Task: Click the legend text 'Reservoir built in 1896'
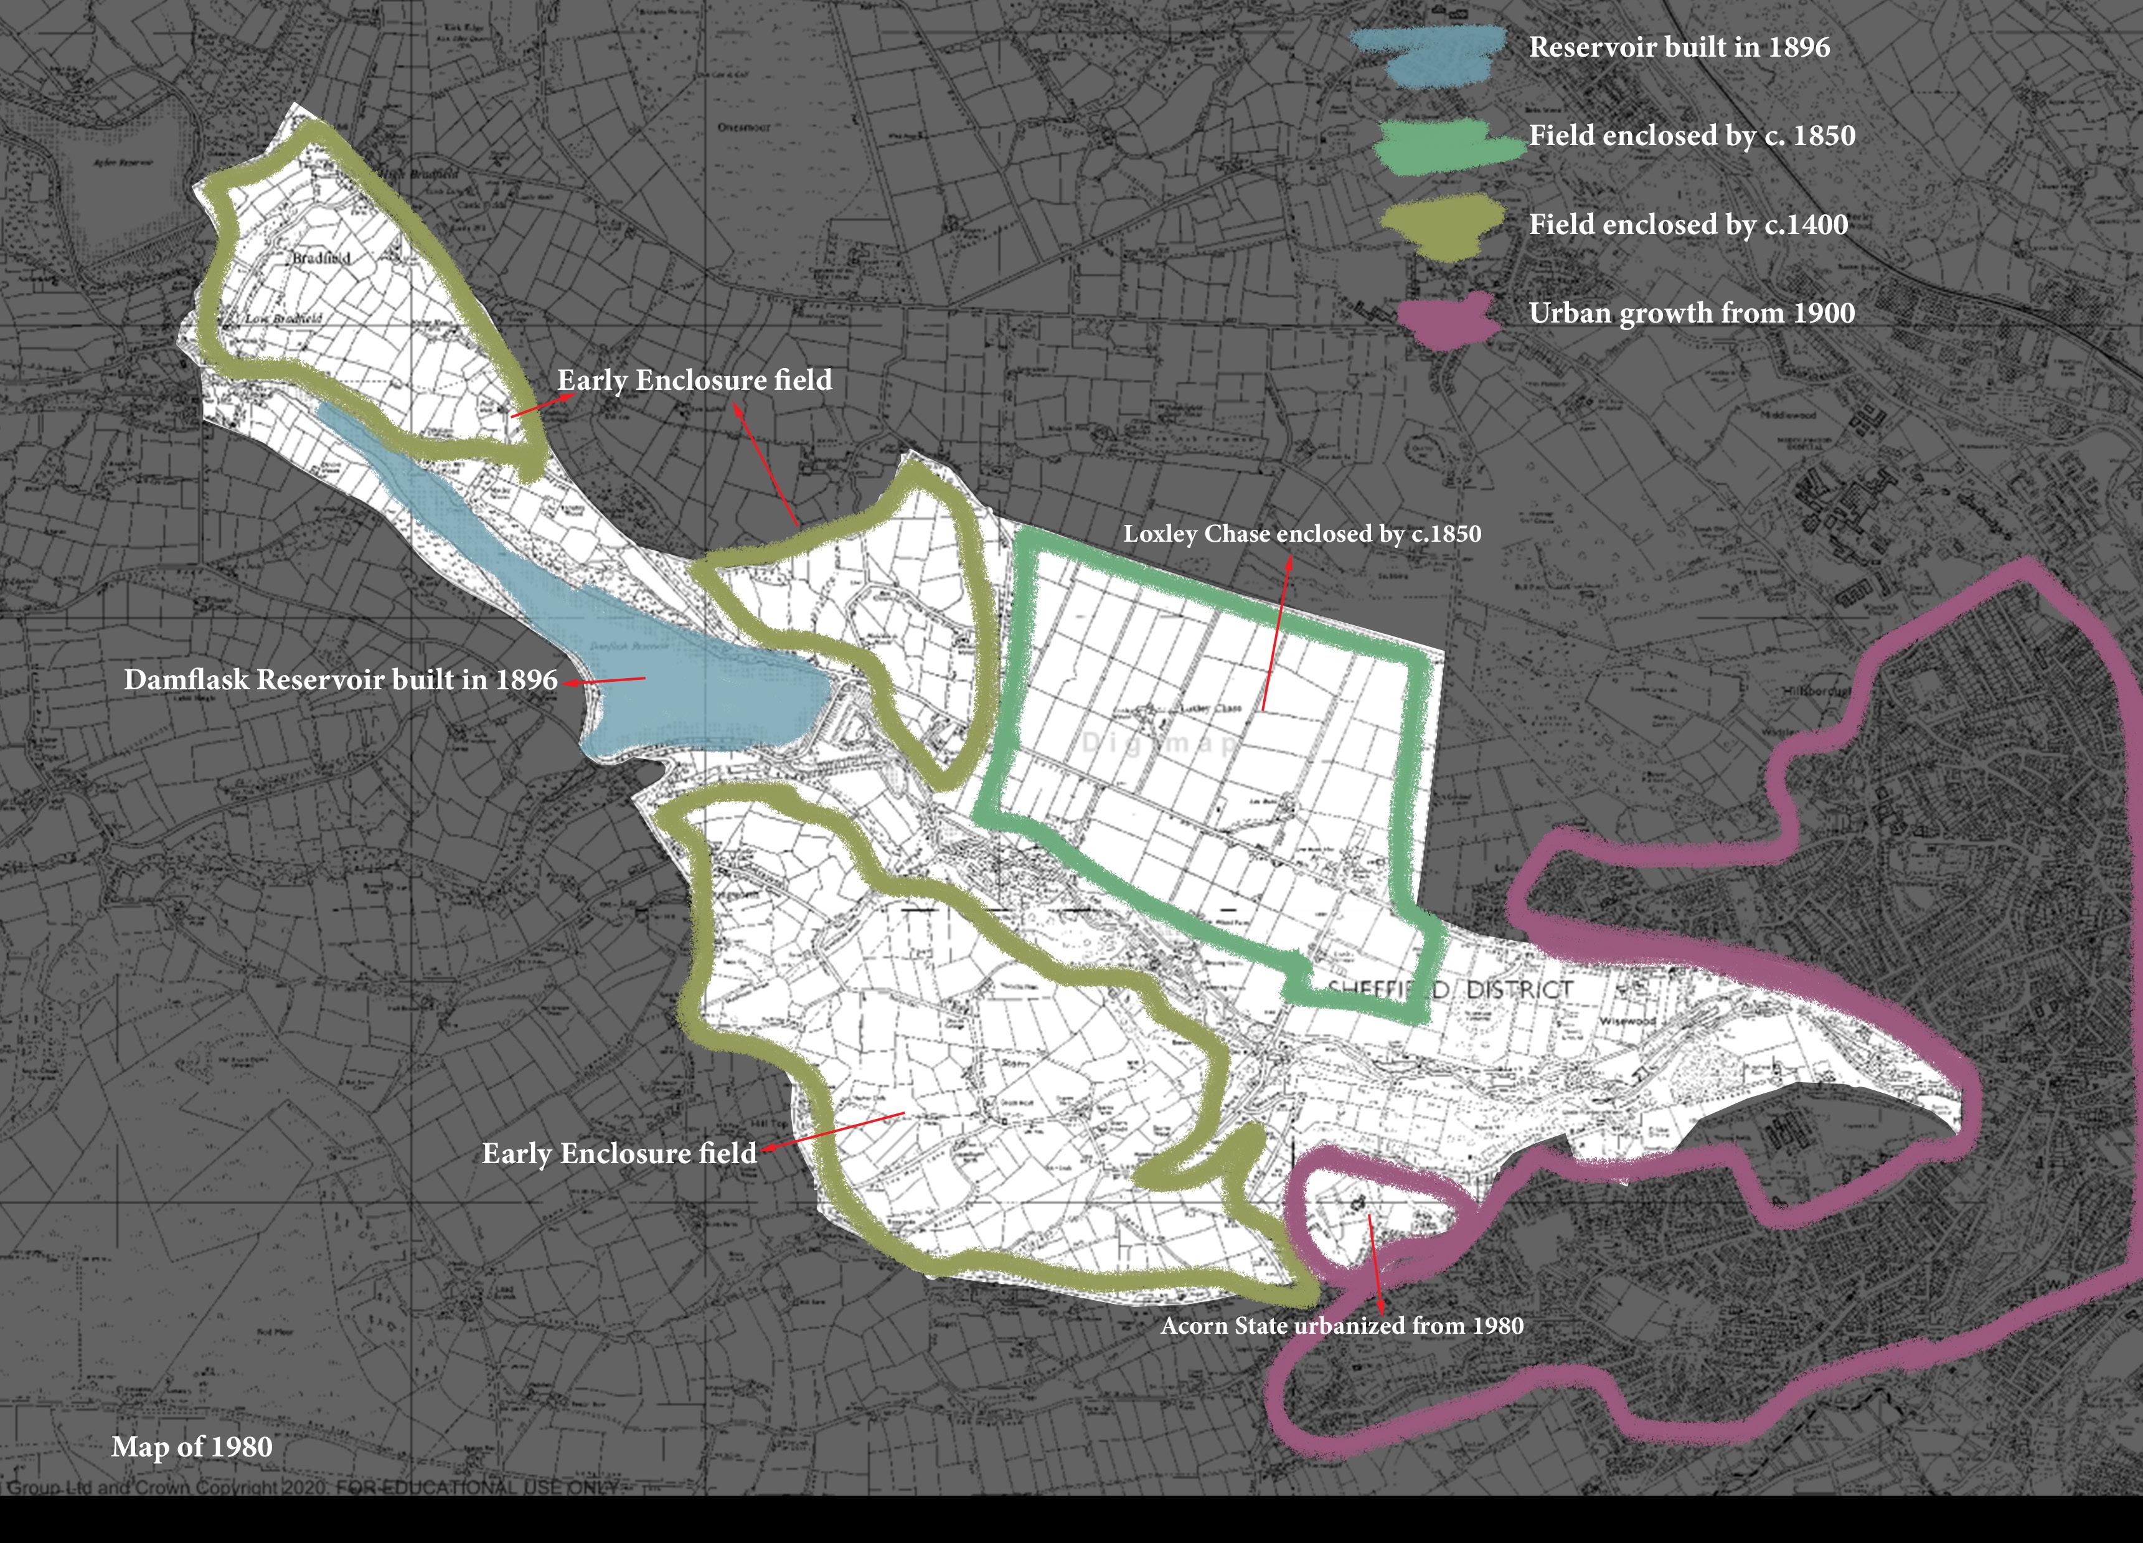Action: (x=1679, y=47)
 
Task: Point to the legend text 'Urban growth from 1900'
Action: (x=1692, y=313)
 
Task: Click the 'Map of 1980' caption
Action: (x=192, y=1446)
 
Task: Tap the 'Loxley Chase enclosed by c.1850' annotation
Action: (x=1302, y=534)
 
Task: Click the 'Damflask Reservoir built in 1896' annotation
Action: (x=340, y=679)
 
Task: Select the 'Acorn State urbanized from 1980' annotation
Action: (x=1342, y=1326)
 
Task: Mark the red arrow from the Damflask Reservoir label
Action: (x=605, y=681)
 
